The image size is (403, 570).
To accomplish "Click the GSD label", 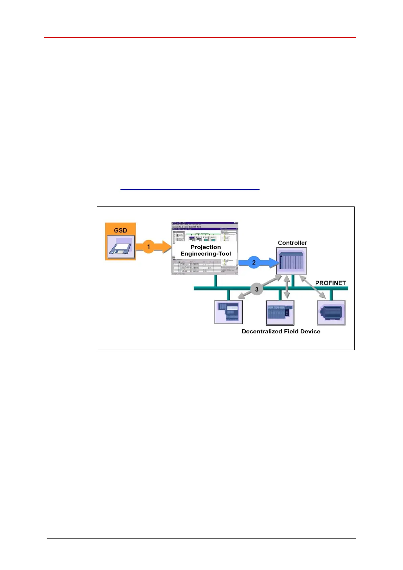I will coord(120,230).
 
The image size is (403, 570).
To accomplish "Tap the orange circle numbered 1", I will coord(149,246).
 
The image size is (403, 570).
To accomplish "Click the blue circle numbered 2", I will coord(254,262).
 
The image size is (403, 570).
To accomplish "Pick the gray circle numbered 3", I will coord(257,289).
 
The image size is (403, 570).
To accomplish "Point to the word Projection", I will coord(205,247).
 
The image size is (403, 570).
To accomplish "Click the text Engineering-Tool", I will coord(205,254).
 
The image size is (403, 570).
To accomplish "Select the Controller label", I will coord(292,243).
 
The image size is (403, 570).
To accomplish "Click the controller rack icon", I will coord(292,261).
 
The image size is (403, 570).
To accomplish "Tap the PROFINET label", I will coord(331,283).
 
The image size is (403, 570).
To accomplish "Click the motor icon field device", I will coord(331,313).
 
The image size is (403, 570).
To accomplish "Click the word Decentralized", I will coord(262,331).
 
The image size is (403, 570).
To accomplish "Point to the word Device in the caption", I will coord(310,331).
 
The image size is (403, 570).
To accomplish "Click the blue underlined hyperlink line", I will coord(190,189).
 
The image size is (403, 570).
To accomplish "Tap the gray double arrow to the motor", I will coord(313,287).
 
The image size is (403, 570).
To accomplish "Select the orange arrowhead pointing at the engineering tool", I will coord(167,246).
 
